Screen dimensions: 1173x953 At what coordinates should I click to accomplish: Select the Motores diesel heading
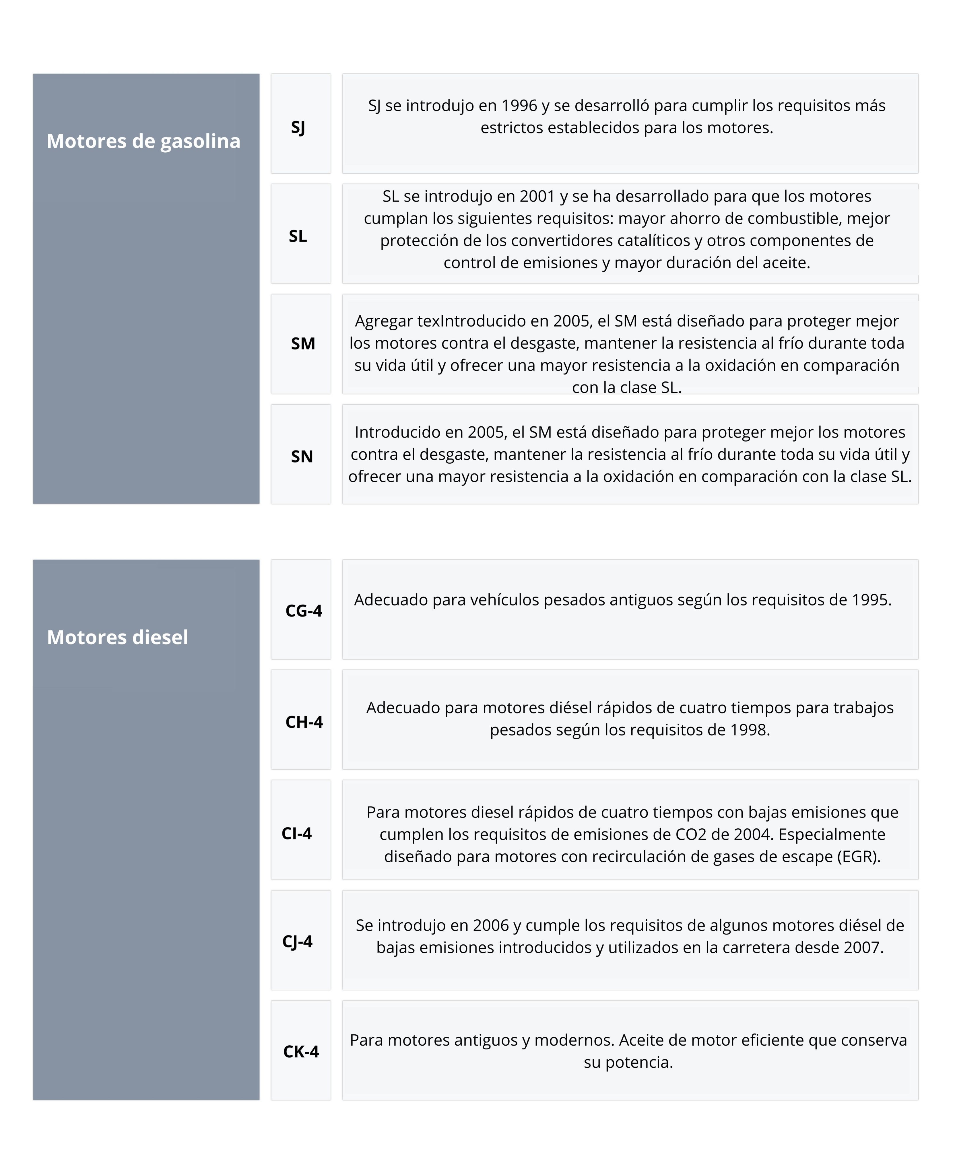117,637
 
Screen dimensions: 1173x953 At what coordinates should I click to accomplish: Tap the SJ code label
298,127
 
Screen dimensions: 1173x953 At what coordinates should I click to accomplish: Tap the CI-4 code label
296,833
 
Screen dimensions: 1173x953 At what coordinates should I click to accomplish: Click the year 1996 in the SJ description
519,105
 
